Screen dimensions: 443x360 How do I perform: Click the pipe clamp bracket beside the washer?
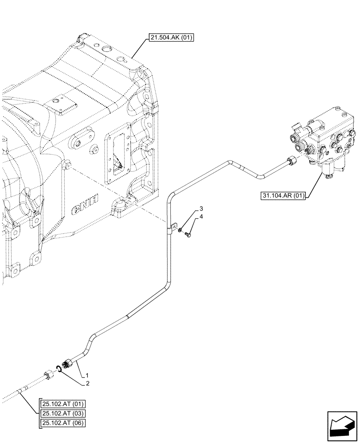coord(173,227)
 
